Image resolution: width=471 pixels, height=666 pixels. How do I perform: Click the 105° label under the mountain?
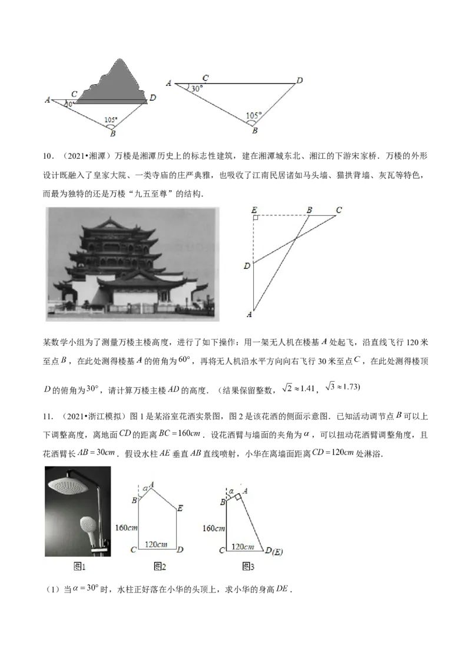(111, 120)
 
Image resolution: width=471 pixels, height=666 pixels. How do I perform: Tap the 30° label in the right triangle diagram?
(197, 88)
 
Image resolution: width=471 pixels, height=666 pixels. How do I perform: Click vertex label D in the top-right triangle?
(299, 80)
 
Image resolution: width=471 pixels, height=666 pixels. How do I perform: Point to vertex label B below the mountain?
(112, 134)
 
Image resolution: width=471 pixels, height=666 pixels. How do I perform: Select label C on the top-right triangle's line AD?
(205, 78)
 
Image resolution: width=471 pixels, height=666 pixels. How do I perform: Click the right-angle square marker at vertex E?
(256, 218)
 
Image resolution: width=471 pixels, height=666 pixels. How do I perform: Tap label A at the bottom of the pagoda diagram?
(250, 315)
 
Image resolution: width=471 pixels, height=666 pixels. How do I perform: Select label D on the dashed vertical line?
(247, 266)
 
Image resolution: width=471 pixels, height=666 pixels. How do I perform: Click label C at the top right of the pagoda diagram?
(339, 209)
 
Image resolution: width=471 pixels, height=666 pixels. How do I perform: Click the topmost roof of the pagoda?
(110, 222)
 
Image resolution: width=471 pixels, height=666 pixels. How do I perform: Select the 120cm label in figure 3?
(243, 547)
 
